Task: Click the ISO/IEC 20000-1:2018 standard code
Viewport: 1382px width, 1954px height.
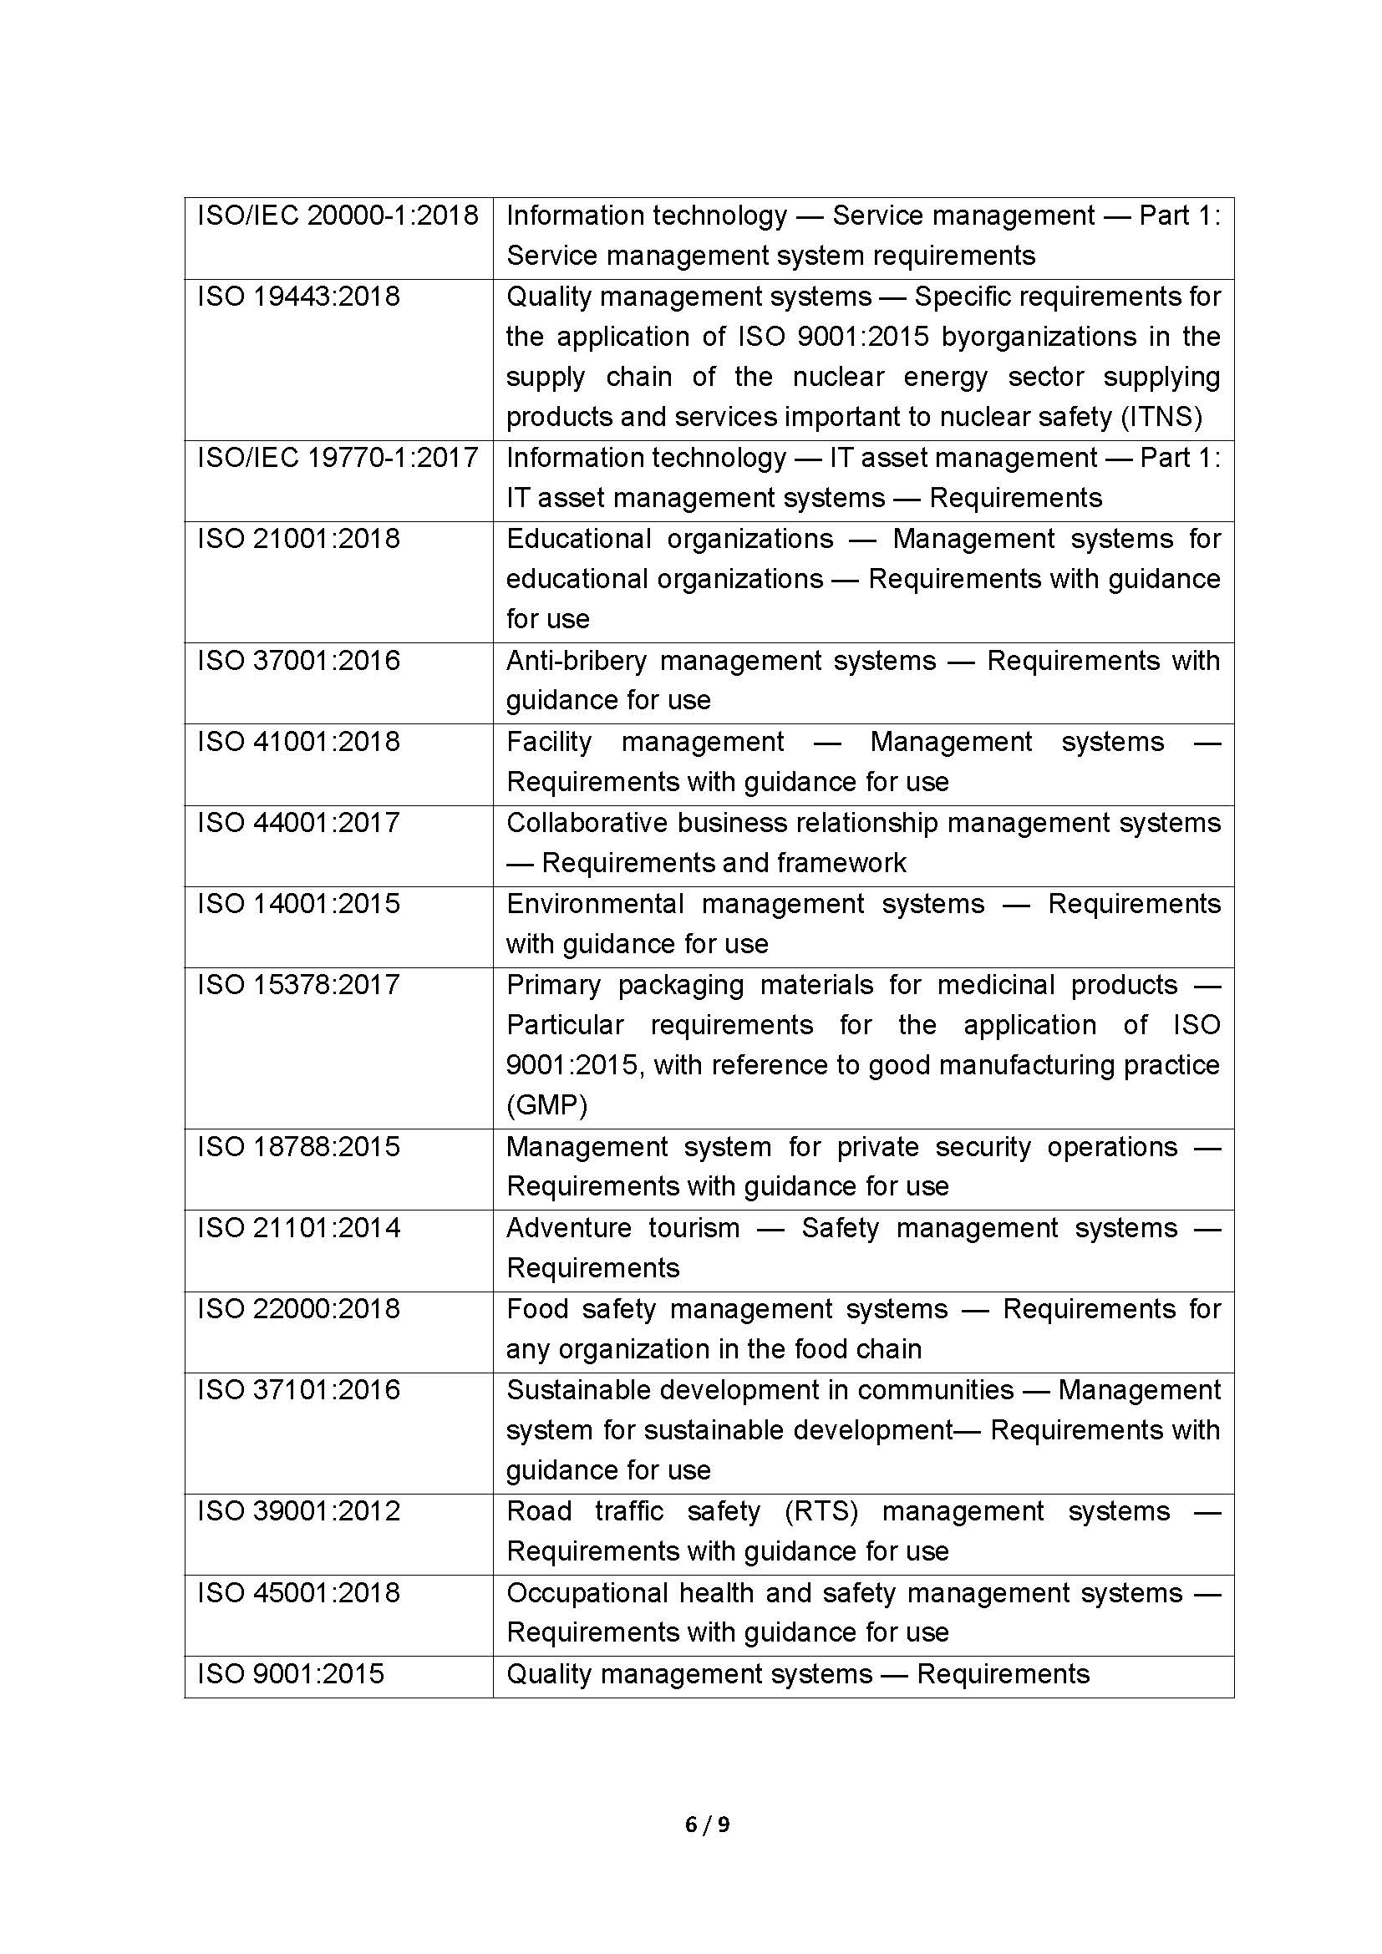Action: coord(338,216)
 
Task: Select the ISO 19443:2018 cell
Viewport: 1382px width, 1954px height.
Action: coord(297,297)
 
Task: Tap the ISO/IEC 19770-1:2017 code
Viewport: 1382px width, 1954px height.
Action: coord(338,458)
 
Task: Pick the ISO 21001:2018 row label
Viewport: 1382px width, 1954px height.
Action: coord(297,539)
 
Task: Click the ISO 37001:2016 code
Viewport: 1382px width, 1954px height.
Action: coord(297,661)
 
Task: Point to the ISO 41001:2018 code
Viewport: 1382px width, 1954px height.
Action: coord(297,741)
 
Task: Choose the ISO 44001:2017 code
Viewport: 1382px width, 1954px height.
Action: coord(297,823)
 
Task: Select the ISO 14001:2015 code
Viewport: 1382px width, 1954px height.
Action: coord(297,903)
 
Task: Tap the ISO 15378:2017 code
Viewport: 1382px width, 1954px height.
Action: coord(297,985)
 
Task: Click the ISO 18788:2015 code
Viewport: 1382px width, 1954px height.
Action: coord(297,1146)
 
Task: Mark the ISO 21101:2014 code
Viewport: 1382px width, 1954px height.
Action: coord(297,1227)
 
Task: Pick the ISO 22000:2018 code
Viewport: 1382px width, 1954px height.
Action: coord(297,1308)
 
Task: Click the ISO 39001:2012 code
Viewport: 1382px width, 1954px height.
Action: coord(297,1510)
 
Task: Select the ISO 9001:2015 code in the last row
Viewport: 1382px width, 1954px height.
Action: coord(290,1673)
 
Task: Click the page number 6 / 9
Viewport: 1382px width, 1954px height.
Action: coord(707,1825)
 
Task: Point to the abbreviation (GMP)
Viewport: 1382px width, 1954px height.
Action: coord(546,1105)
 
